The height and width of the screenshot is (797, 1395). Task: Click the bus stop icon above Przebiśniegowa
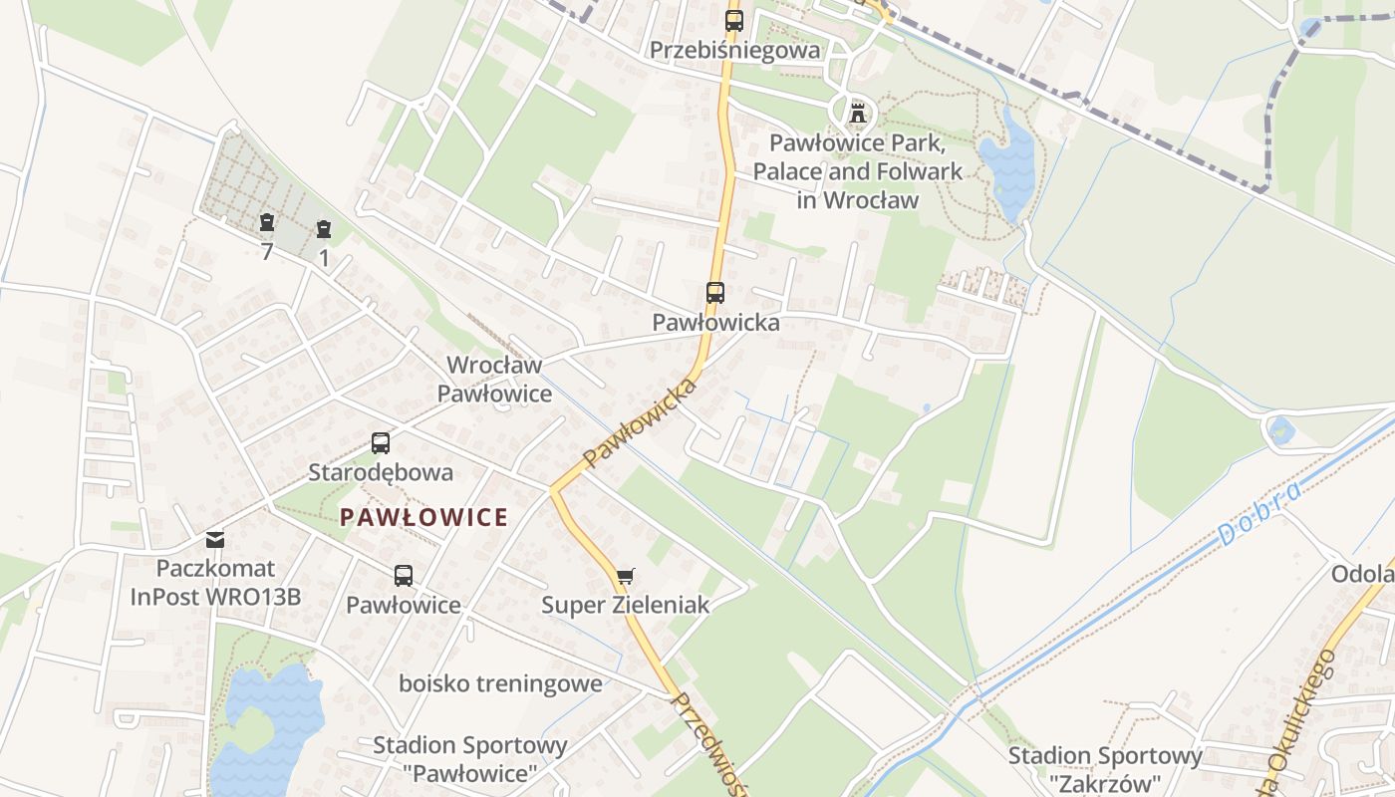coord(734,20)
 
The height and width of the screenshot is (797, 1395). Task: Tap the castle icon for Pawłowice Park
coord(857,113)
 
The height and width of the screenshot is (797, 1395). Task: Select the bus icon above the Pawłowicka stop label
coord(715,293)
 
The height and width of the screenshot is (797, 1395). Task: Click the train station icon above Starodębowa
coord(381,443)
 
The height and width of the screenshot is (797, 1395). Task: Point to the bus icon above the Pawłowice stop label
coord(404,575)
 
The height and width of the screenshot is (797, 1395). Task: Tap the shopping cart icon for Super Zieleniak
coord(625,576)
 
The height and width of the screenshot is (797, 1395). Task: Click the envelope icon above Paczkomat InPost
coord(215,540)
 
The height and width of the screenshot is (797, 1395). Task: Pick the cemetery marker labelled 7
coord(266,222)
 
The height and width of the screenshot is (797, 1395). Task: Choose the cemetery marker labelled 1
coord(323,230)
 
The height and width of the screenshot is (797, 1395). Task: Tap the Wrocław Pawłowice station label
coord(494,380)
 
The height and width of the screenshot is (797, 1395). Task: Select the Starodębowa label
coord(381,472)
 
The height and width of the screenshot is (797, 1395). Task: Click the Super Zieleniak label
coord(625,605)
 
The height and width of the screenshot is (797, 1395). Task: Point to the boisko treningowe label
coord(500,683)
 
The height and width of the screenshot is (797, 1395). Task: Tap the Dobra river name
coord(1258,514)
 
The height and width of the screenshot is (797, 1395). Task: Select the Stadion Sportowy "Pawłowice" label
coord(469,759)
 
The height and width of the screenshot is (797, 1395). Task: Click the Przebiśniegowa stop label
coord(734,50)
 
